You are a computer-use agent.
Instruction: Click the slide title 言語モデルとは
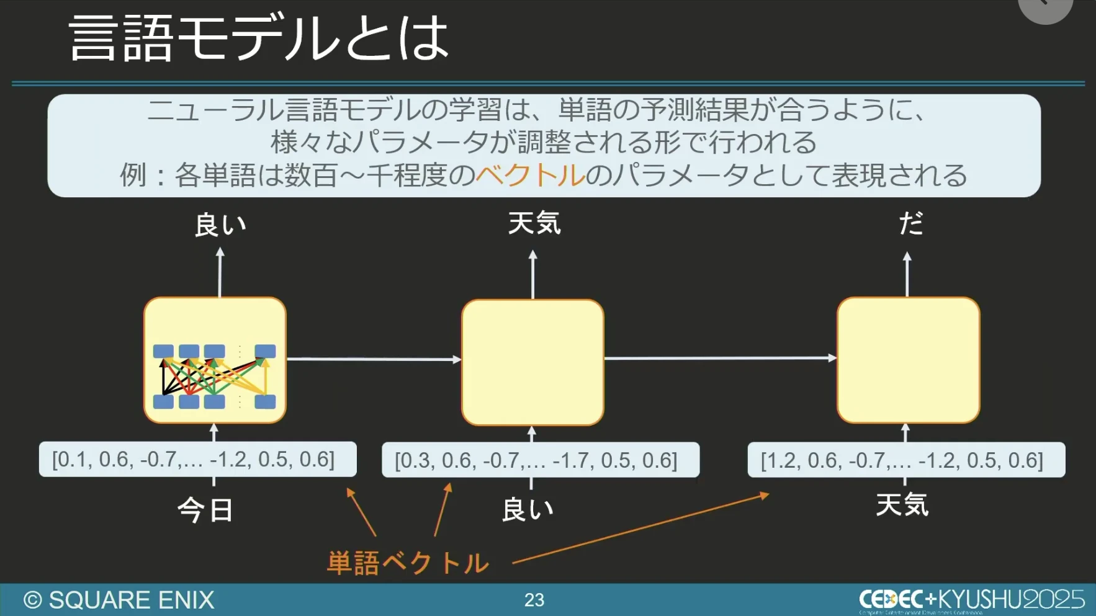coord(259,38)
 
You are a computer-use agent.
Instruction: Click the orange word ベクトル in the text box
coord(530,176)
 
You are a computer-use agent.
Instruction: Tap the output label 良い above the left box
coord(220,225)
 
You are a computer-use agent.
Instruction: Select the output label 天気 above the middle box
coord(534,223)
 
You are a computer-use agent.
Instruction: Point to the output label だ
coord(910,223)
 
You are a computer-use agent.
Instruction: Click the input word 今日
coord(205,511)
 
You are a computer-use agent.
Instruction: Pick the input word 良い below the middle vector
coord(528,510)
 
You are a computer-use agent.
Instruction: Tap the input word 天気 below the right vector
coord(902,504)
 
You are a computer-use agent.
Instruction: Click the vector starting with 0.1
coord(197,460)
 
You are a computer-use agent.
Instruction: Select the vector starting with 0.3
coord(540,460)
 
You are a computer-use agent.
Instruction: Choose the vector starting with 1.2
coord(906,460)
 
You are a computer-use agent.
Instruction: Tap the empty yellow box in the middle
coord(532,362)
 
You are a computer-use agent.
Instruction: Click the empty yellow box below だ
coord(908,360)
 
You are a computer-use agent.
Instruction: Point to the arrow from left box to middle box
coord(374,359)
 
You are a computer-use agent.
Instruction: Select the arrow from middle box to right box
coord(720,358)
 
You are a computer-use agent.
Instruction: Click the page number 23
coord(534,600)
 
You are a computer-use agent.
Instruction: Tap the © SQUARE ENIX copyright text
coord(119,600)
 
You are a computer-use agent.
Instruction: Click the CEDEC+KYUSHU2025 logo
coord(971,599)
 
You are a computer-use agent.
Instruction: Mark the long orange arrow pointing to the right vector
coord(639,529)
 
